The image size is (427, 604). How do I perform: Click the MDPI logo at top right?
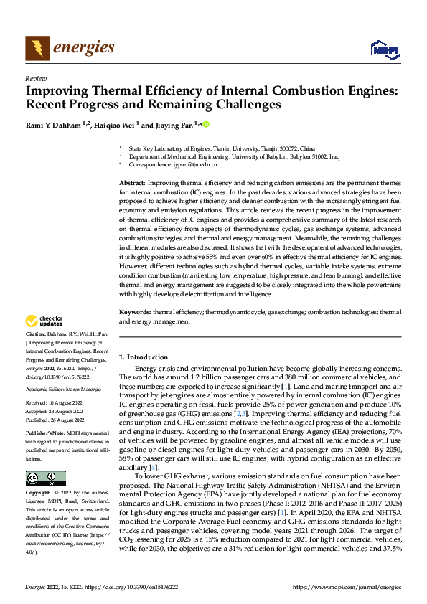click(x=383, y=48)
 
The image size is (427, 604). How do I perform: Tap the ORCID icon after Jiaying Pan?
click(x=206, y=125)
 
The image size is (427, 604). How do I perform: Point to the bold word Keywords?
click(x=134, y=313)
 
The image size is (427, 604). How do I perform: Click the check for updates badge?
click(x=45, y=321)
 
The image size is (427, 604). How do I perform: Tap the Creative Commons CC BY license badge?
click(x=45, y=478)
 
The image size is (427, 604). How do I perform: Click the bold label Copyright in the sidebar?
click(x=39, y=494)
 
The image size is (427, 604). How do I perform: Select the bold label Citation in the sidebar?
click(x=36, y=334)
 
